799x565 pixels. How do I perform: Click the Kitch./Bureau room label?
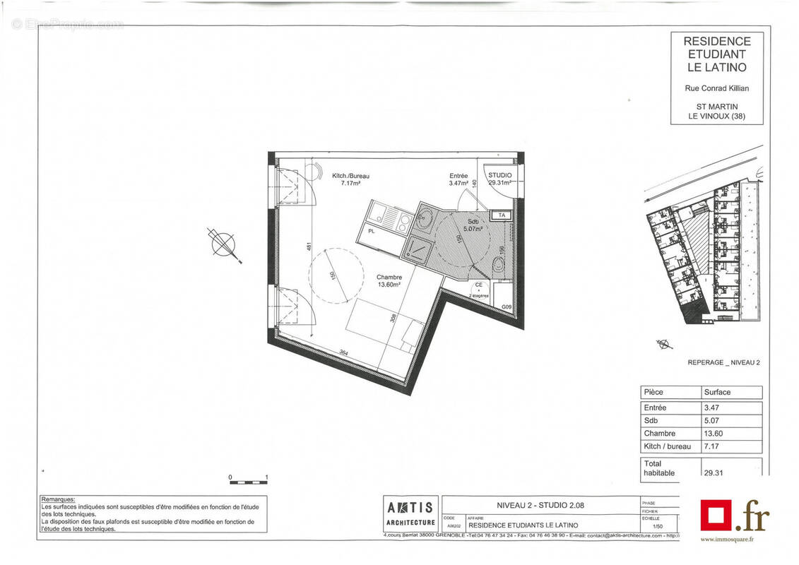(350, 179)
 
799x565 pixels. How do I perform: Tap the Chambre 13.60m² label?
(389, 281)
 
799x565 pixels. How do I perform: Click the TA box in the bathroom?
(502, 215)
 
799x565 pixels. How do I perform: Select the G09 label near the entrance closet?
(507, 307)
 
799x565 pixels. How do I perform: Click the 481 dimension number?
(308, 247)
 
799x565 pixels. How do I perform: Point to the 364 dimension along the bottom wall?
(343, 353)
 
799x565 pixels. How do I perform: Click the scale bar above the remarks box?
(248, 482)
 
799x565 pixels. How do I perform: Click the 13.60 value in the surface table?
(714, 434)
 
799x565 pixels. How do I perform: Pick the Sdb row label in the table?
(651, 421)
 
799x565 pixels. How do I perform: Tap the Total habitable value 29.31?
(714, 473)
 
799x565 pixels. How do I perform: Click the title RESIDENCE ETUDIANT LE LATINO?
(716, 54)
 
